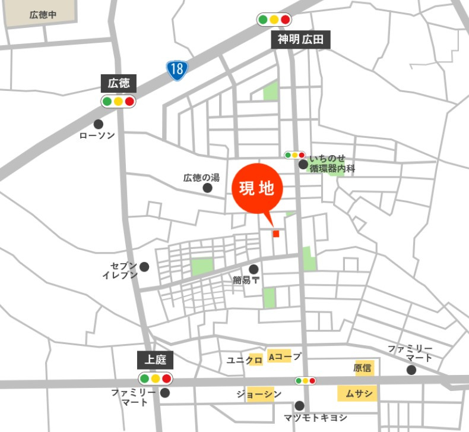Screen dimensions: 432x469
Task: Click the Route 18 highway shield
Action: click(x=176, y=70)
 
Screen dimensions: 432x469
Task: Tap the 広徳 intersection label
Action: click(x=119, y=83)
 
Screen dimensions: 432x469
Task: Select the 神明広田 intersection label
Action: click(x=300, y=40)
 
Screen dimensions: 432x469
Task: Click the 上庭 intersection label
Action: click(x=155, y=360)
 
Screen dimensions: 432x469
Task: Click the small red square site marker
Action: click(x=275, y=234)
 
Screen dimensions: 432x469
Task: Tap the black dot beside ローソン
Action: click(x=99, y=124)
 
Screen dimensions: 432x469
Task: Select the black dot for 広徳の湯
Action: click(x=208, y=188)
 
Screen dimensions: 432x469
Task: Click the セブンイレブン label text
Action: click(x=120, y=270)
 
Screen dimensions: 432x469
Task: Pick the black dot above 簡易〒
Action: click(x=253, y=269)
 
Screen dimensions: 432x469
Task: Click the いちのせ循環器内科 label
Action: click(x=331, y=163)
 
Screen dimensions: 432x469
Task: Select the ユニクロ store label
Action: click(x=245, y=360)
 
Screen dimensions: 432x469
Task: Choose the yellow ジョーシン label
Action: click(x=258, y=395)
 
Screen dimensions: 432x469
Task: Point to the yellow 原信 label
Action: click(x=363, y=368)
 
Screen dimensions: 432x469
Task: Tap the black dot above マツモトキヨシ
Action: click(x=300, y=405)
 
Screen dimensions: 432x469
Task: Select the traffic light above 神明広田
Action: click(x=274, y=20)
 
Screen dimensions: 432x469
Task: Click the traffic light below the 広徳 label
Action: click(x=118, y=101)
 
